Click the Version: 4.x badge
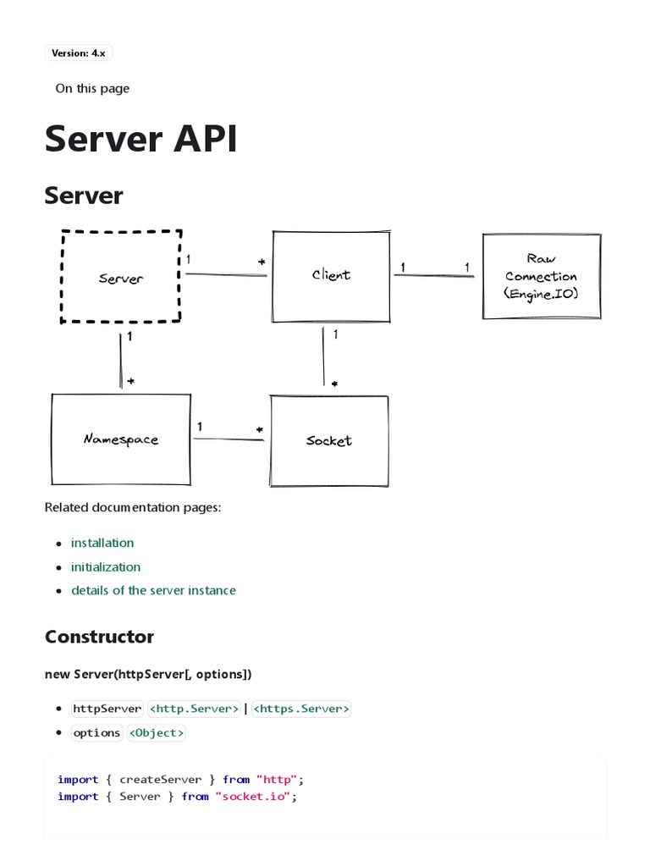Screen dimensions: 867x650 coord(79,53)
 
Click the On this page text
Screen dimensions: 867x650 coord(92,88)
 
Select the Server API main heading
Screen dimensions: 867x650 coord(140,139)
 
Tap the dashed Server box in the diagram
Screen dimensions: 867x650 coord(121,277)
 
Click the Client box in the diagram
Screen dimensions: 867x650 coord(331,276)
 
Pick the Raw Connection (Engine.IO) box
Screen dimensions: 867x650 coord(541,276)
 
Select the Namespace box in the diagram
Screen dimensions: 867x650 coord(121,439)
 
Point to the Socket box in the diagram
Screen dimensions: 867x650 coord(329,440)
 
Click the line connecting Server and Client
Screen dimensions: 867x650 coord(227,274)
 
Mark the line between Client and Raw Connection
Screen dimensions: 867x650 coord(435,275)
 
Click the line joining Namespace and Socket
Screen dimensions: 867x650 coord(229,439)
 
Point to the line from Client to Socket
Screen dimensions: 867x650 coord(323,356)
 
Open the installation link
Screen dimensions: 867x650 coord(102,543)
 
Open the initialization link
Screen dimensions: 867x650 coord(106,566)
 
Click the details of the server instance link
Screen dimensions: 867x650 coord(153,590)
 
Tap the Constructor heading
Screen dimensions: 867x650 coord(99,637)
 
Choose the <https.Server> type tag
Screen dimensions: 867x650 coord(301,709)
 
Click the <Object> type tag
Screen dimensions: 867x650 coord(156,732)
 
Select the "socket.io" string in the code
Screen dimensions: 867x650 coord(255,796)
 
